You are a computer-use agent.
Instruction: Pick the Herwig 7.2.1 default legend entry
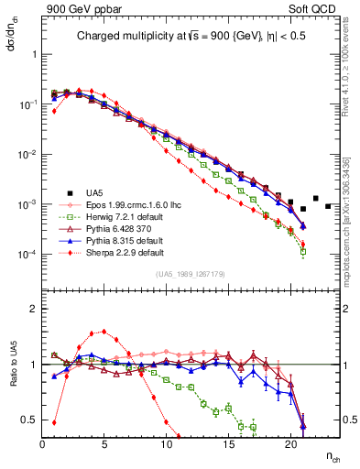pyautogui.click(x=119, y=216)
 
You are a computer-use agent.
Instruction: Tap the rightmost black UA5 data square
pyautogui.click(x=328, y=206)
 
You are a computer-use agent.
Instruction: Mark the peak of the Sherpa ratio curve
pyautogui.click(x=104, y=332)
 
